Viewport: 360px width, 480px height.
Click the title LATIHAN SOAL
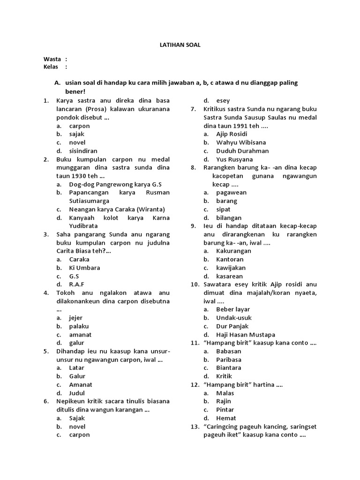coord(180,45)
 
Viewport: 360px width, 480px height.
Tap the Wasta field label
coord(52,59)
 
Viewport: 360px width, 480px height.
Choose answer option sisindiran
coord(83,151)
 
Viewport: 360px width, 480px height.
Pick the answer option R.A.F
coord(77,284)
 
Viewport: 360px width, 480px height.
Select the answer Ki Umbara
coord(84,268)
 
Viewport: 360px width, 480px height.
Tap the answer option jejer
coord(75,318)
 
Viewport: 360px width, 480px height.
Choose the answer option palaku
coord(79,326)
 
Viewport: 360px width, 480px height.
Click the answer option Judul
coord(77,393)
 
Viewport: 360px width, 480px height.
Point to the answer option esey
coord(223,100)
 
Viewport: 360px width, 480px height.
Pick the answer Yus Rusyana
coord(234,159)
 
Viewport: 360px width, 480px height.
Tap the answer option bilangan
coord(229,217)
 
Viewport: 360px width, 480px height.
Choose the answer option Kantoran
coord(230,259)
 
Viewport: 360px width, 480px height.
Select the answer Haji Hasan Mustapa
coord(246,335)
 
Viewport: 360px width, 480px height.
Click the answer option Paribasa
coord(229,360)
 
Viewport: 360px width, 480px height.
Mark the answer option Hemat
coord(226,418)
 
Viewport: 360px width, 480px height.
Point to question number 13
coord(195,427)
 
